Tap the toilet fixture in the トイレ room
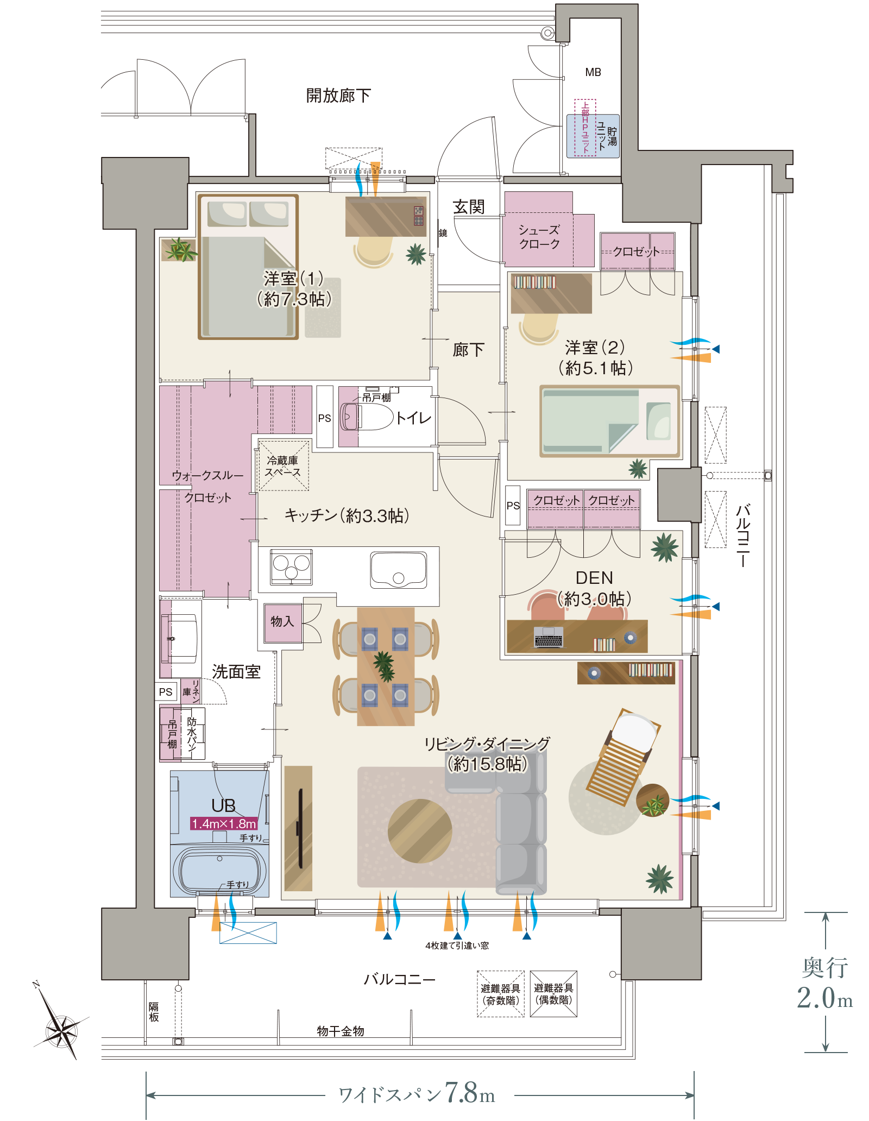(366, 417)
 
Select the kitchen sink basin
(398, 570)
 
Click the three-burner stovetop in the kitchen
(292, 566)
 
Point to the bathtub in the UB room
(219, 870)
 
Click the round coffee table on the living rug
(419, 830)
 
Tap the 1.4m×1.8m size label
(224, 823)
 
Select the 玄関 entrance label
(468, 207)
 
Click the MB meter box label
(593, 72)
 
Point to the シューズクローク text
(539, 237)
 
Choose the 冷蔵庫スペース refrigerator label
(283, 466)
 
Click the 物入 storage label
(282, 621)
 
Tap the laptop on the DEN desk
(548, 637)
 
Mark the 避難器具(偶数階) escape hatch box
(553, 993)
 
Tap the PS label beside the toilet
(324, 418)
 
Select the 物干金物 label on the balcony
(341, 1031)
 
